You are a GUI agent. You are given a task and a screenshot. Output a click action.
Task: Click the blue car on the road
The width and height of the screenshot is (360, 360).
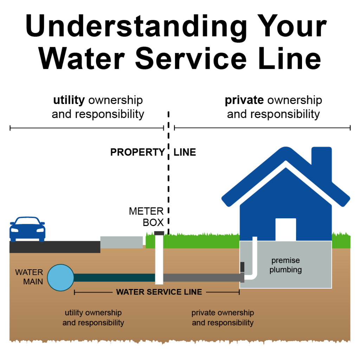(27, 229)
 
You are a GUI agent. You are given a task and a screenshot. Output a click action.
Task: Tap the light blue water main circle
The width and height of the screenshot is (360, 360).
(60, 277)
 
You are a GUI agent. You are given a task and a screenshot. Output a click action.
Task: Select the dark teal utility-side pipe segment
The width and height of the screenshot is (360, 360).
(114, 278)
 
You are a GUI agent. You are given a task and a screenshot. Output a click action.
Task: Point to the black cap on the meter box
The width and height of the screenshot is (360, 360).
(159, 233)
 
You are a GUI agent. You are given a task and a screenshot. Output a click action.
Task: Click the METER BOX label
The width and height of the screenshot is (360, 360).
(146, 217)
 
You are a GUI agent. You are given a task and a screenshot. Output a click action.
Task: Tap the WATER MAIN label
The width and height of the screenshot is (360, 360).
(29, 277)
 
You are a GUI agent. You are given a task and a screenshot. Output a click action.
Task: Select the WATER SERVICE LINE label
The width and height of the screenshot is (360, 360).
(159, 292)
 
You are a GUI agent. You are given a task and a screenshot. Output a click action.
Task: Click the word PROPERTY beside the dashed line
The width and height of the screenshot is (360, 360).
(137, 152)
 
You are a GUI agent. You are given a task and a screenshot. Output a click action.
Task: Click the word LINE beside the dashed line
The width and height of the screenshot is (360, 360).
(185, 152)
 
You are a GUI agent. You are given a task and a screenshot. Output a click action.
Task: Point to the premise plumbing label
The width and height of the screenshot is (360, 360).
(285, 265)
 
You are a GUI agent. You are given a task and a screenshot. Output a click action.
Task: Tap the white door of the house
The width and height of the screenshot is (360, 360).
(285, 229)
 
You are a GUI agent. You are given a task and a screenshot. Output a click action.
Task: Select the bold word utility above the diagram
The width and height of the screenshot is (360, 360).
(69, 101)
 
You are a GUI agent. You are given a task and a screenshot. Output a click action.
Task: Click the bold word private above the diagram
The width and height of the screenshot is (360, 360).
(244, 101)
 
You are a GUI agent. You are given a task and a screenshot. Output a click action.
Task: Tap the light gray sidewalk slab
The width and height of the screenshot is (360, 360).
(122, 242)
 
